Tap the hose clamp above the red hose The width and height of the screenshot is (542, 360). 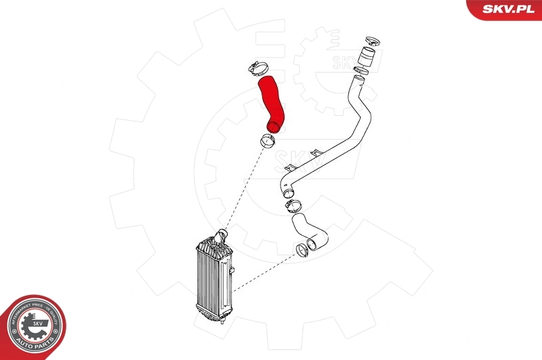(258, 68)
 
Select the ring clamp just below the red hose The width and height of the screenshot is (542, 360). (266, 142)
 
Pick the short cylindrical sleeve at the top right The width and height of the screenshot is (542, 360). (367, 54)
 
